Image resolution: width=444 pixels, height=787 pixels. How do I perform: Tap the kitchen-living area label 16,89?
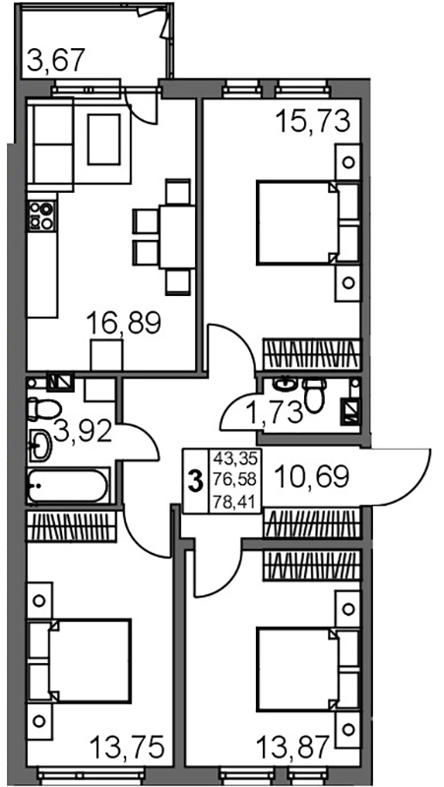tap(124, 323)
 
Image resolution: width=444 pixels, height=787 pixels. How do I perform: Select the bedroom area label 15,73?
tap(312, 121)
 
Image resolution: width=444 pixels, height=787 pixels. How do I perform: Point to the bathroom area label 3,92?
tap(83, 432)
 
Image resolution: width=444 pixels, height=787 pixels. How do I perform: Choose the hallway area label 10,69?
tap(311, 477)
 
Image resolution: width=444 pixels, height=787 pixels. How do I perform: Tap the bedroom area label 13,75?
tap(128, 747)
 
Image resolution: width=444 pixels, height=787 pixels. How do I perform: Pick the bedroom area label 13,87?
tap(293, 747)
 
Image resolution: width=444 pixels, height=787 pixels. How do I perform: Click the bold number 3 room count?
tap(195, 481)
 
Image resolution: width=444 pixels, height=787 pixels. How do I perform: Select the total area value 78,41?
tap(235, 501)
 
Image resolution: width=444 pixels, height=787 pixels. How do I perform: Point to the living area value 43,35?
tap(235, 458)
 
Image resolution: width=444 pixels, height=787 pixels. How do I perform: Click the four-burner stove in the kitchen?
tap(41, 215)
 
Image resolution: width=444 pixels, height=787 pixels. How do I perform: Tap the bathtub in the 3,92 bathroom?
tap(67, 485)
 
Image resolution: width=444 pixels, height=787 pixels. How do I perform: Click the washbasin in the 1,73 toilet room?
tap(285, 385)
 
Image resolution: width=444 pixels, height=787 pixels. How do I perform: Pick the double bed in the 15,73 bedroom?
tap(298, 222)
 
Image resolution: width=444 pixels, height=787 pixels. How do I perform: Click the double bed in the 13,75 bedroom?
tap(90, 660)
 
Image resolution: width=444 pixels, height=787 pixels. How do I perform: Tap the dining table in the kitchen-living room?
tap(177, 236)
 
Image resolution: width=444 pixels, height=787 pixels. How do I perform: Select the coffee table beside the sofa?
tap(104, 139)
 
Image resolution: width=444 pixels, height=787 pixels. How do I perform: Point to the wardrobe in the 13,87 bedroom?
tap(312, 566)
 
